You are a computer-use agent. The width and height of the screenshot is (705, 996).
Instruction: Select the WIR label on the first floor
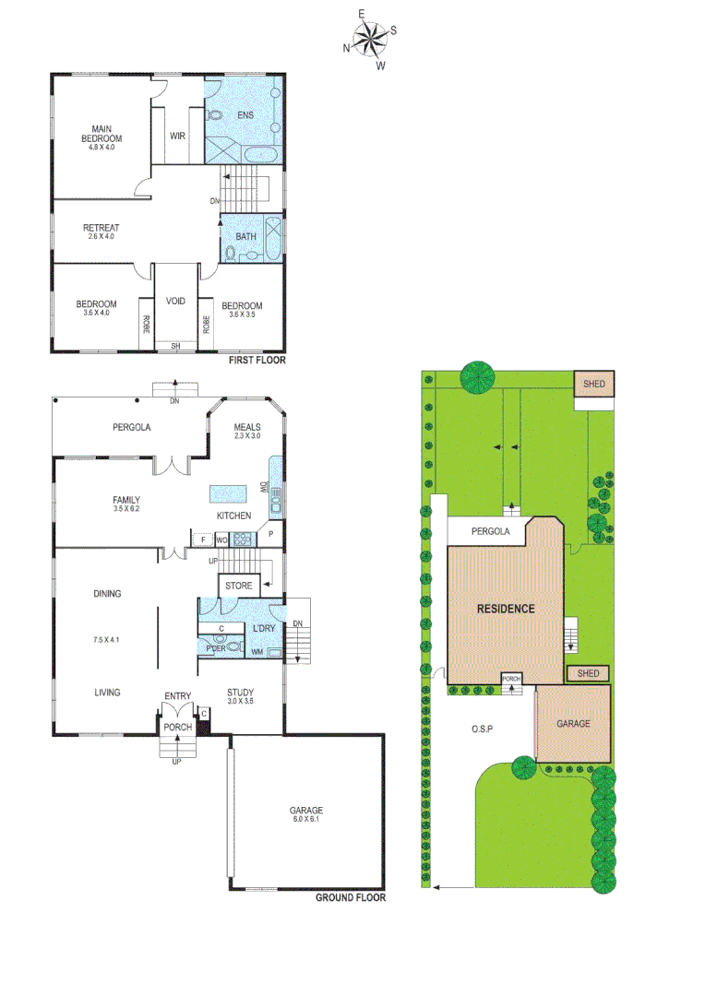pyautogui.click(x=178, y=136)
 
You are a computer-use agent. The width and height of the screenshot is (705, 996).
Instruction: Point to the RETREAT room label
pyautogui.click(x=101, y=228)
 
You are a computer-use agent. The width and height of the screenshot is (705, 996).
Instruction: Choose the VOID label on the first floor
pyautogui.click(x=175, y=302)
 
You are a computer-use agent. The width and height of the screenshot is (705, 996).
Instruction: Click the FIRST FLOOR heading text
pyautogui.click(x=257, y=361)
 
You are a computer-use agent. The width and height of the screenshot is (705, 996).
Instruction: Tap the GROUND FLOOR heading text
pyautogui.click(x=351, y=897)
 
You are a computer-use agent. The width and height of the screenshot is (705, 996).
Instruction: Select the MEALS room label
pyautogui.click(x=247, y=427)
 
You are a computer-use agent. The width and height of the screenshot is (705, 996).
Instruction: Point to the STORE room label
pyautogui.click(x=238, y=586)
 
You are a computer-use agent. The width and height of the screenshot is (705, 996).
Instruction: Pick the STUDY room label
pyautogui.click(x=240, y=692)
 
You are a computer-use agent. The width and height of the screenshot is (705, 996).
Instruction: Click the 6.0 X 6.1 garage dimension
pyautogui.click(x=305, y=820)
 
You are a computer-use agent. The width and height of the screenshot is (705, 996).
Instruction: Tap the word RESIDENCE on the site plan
pyautogui.click(x=506, y=609)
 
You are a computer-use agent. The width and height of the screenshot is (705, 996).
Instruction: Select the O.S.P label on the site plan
pyautogui.click(x=482, y=729)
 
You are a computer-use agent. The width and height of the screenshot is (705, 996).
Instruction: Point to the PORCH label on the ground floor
pyautogui.click(x=177, y=728)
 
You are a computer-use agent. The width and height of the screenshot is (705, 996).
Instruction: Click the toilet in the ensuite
pyautogui.click(x=216, y=116)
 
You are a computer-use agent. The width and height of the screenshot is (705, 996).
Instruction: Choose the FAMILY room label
pyautogui.click(x=126, y=500)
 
